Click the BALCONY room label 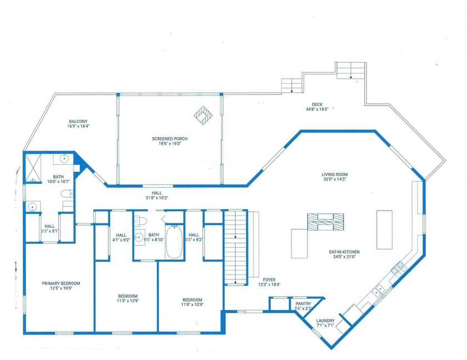(78, 121)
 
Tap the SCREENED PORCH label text (169, 138)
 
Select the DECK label (317, 104)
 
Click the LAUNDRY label (325, 321)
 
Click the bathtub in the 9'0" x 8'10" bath (175, 242)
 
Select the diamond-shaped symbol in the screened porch (203, 115)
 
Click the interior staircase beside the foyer (235, 248)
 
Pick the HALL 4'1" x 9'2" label (121, 238)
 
